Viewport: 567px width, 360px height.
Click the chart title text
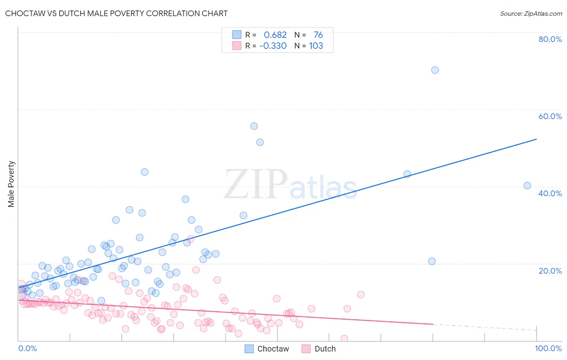coord(116,13)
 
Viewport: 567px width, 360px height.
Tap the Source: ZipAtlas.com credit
coord(531,13)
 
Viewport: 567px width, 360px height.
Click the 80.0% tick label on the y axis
coord(550,39)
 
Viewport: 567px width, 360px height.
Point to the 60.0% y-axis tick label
coord(550,116)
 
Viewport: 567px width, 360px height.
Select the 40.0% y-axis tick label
coord(550,193)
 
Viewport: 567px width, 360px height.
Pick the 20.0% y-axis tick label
coord(550,271)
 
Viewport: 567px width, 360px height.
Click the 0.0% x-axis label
coord(27,348)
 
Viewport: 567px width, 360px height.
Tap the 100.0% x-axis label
coord(548,348)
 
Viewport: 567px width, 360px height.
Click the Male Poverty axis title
coord(11,184)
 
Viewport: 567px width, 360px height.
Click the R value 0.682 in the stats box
coord(275,35)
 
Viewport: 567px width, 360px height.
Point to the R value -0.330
coord(273,46)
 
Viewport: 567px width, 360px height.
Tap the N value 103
coord(316,46)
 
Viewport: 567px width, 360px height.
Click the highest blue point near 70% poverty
coord(435,70)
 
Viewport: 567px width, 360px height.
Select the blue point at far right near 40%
coord(527,186)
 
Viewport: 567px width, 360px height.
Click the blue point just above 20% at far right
coord(432,261)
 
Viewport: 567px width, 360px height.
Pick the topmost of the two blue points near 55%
coord(254,126)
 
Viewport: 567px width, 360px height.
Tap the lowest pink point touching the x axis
coord(344,339)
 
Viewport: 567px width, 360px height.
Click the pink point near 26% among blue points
coord(190,239)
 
